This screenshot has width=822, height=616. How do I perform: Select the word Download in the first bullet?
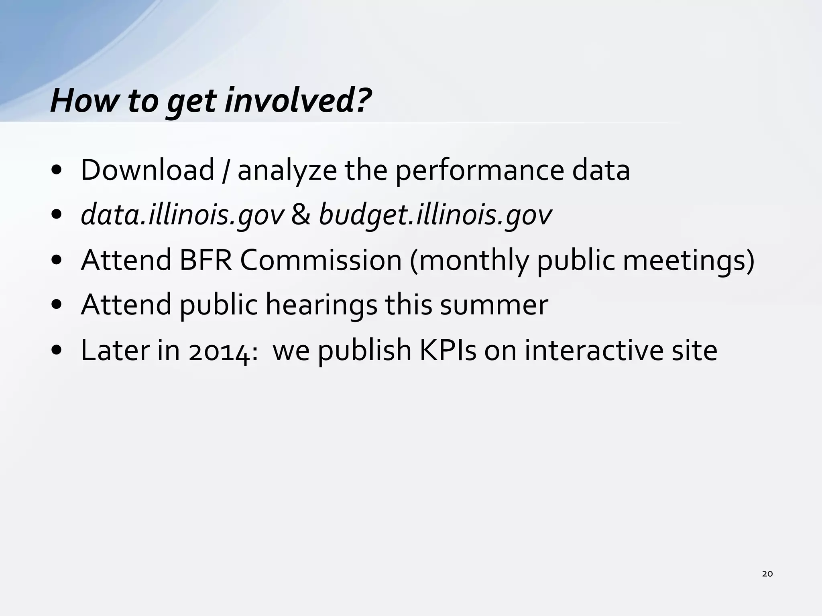(147, 170)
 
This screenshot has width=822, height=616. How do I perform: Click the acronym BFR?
(205, 260)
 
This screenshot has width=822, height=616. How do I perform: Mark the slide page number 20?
(767, 574)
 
